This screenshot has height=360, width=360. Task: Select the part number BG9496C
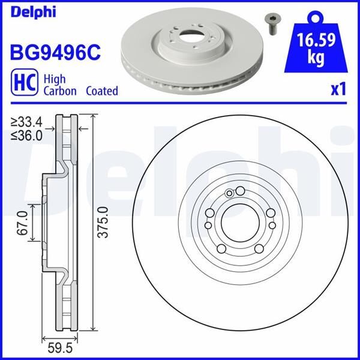[53, 52]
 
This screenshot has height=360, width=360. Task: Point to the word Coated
[102, 91]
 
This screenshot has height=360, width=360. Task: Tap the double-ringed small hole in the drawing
[229, 193]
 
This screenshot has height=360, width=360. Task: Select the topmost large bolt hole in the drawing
[240, 192]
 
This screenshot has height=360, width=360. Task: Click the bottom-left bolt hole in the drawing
[221, 250]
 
